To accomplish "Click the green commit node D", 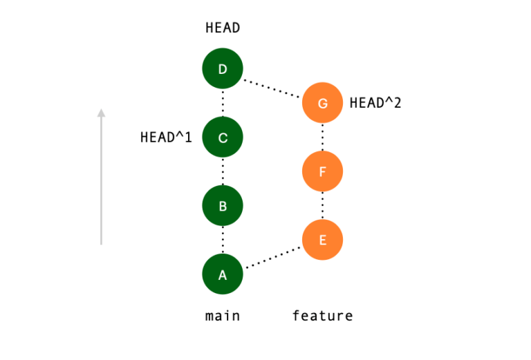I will click(222, 69).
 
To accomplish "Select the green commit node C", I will click(222, 138).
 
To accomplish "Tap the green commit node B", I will click(222, 206).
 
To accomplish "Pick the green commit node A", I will click(222, 274).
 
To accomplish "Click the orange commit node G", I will click(322, 103).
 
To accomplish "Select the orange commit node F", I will click(322, 171).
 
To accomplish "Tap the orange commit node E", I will click(322, 240).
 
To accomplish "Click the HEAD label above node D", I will click(223, 28).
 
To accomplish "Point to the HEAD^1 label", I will click(166, 137).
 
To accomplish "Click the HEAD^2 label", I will click(375, 103).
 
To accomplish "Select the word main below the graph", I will click(223, 316).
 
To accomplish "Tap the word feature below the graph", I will click(322, 316).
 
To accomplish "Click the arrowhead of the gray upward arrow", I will click(101, 113).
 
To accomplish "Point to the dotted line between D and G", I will click(272, 86).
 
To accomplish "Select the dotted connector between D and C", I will click(222, 103).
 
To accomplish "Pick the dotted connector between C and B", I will click(222, 171).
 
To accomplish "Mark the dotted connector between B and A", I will click(222, 240).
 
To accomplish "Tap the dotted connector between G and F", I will click(322, 137).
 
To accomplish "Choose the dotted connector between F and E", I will click(322, 205).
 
